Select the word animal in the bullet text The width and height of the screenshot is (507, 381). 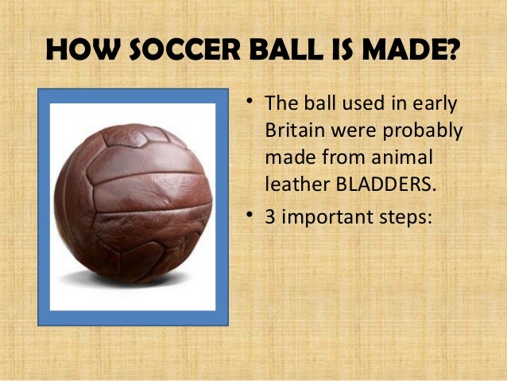pyautogui.click(x=401, y=157)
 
